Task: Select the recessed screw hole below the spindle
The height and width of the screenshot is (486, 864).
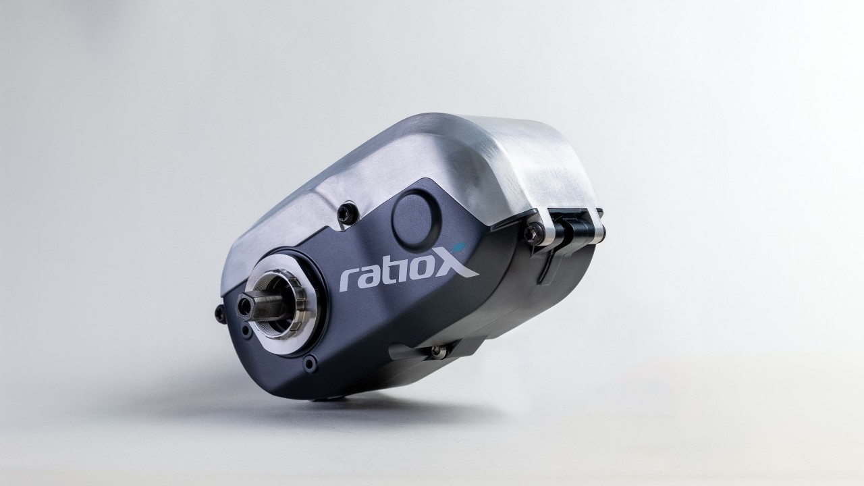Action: click(310, 364)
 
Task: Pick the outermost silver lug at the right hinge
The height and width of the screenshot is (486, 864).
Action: click(595, 225)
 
